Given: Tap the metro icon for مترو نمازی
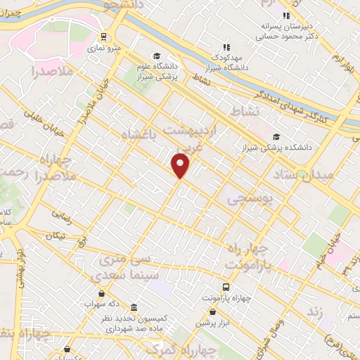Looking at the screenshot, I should [x=104, y=37].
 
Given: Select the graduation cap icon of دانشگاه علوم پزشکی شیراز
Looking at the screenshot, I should [x=157, y=56].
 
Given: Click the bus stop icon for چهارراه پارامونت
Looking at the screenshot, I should [x=226, y=287].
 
